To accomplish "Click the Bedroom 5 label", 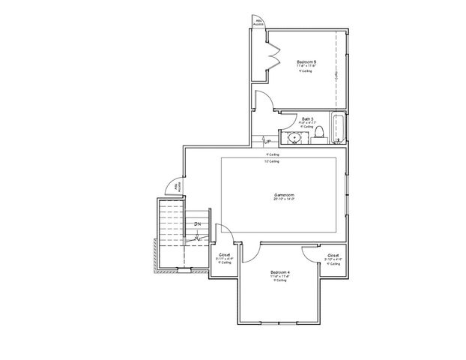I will [306, 61].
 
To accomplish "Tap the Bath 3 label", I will [307, 118].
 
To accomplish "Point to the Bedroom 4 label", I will [280, 271].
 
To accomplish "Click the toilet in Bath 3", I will [318, 134].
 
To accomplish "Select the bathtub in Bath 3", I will [338, 129].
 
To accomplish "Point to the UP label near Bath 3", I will [267, 139].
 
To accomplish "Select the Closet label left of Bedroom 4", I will [224, 254].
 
